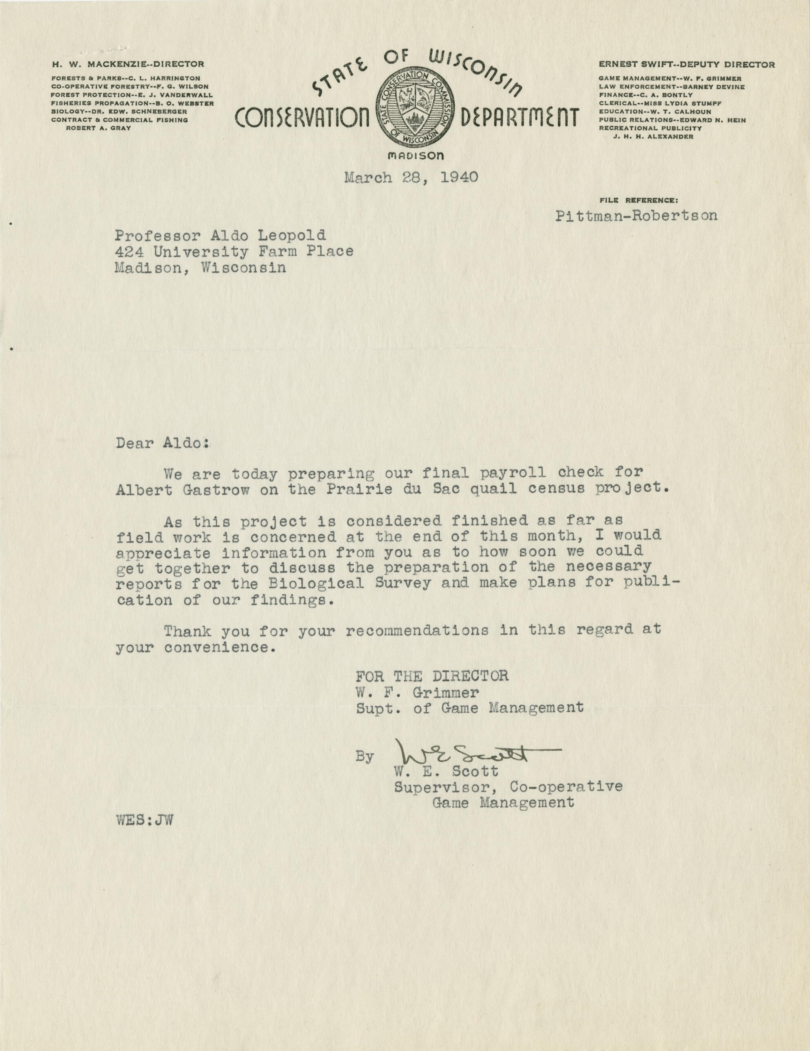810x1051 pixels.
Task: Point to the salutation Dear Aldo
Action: coord(163,443)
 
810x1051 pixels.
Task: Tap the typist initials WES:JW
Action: coord(144,820)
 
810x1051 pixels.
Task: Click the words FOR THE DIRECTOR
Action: coord(432,676)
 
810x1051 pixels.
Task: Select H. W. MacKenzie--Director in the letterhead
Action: coord(128,64)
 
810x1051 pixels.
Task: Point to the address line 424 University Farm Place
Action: coord(234,251)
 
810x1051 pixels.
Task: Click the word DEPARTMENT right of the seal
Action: coord(519,118)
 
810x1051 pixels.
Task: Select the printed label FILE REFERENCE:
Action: coord(639,199)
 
